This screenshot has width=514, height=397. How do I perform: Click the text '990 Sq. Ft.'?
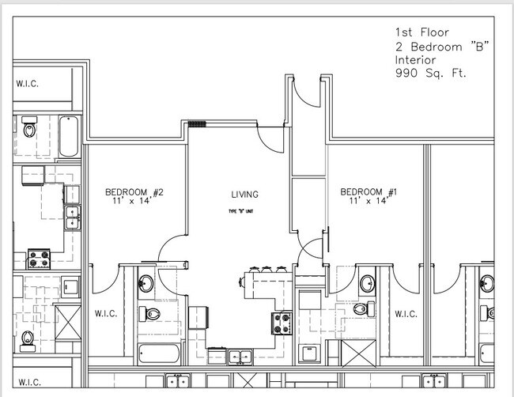[x=430, y=74]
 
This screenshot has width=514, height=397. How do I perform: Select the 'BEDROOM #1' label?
[x=368, y=192]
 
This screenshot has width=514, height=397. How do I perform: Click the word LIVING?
[x=244, y=195]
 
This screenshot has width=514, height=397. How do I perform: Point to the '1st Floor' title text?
[x=421, y=32]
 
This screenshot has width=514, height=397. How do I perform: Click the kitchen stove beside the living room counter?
[x=282, y=322]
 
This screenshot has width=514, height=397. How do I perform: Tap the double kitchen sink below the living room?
[x=236, y=357]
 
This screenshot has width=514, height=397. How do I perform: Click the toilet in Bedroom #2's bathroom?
[x=150, y=315]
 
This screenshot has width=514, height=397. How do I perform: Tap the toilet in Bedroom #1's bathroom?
[x=362, y=309]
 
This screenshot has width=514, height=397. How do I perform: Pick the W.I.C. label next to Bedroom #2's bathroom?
[x=105, y=314]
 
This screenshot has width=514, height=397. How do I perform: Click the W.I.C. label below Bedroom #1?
[x=405, y=314]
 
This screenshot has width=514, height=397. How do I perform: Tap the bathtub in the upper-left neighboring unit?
[x=67, y=136]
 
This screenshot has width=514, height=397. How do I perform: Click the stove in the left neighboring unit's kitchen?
[x=39, y=258]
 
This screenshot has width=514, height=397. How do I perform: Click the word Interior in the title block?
[x=417, y=60]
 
